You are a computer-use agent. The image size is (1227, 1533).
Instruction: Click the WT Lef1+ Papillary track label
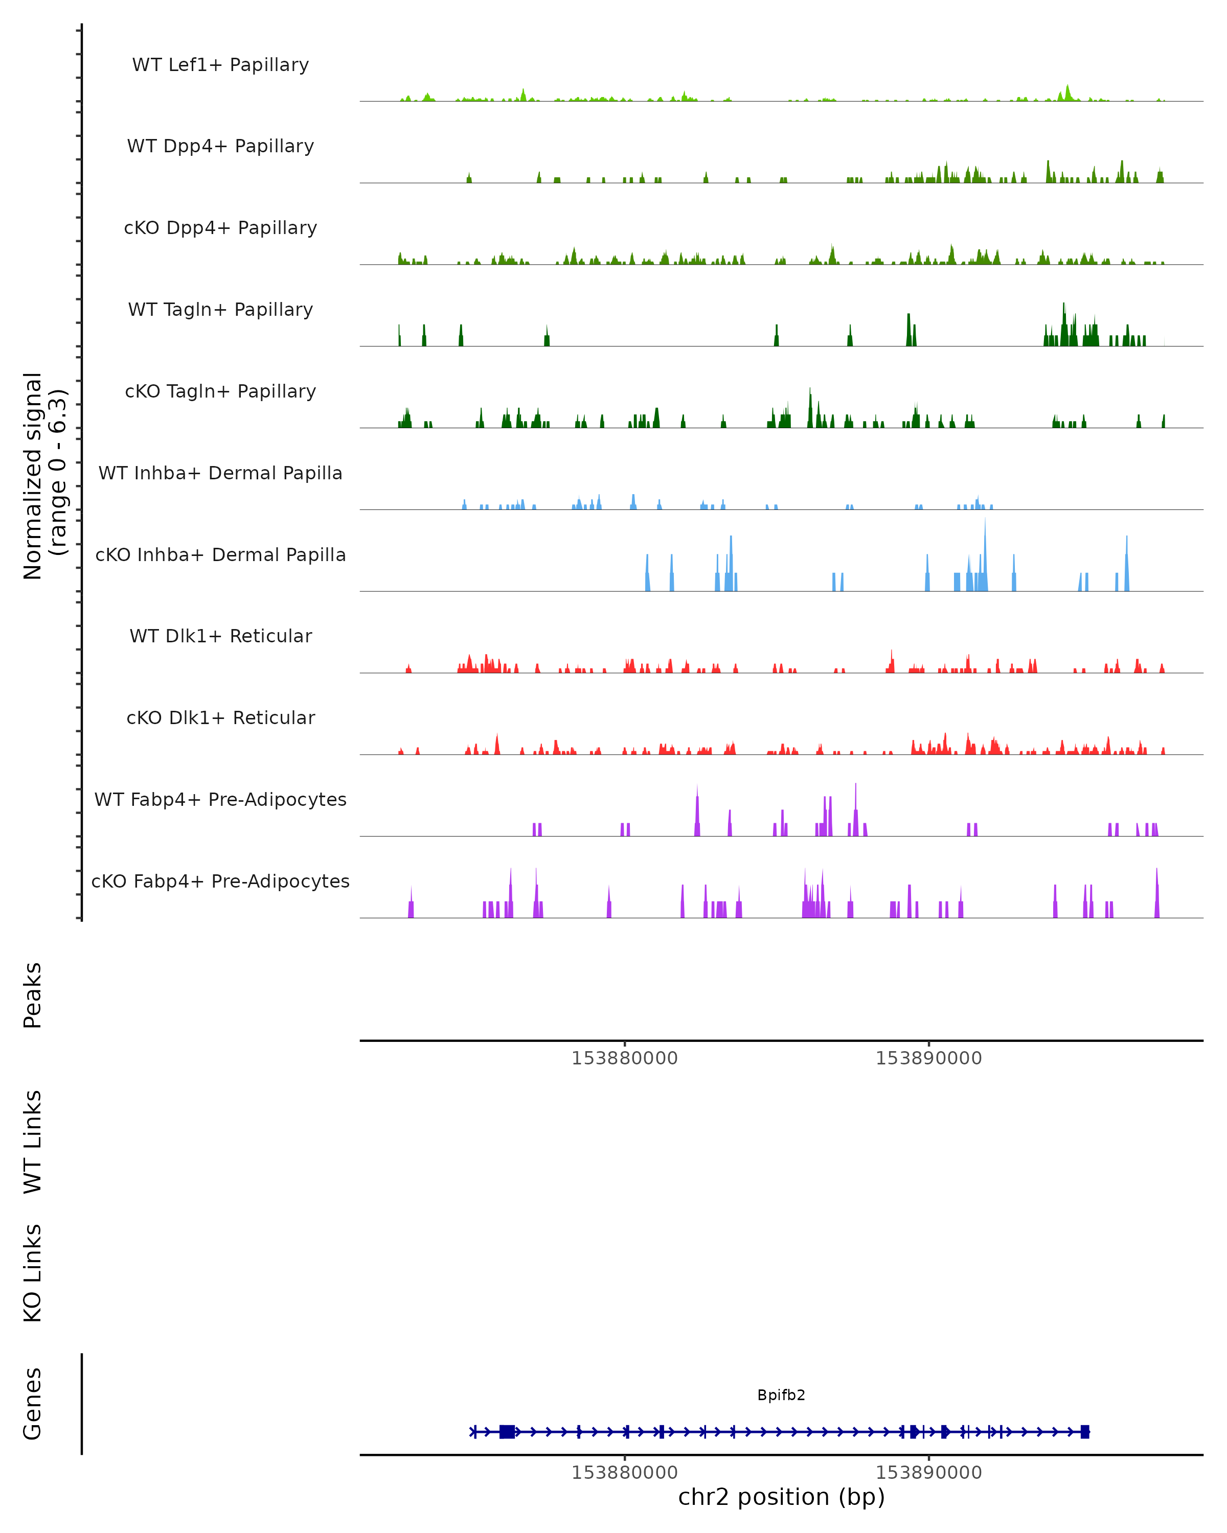point(220,65)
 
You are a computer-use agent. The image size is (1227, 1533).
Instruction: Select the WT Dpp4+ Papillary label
point(220,147)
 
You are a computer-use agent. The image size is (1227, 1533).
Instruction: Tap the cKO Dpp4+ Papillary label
point(220,228)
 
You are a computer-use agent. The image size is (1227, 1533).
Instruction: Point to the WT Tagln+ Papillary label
point(220,310)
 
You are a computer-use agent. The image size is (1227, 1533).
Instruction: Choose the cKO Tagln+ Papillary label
point(220,392)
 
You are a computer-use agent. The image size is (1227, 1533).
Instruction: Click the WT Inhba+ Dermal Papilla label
point(220,474)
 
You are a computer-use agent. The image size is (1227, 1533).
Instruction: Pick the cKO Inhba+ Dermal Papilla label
point(220,555)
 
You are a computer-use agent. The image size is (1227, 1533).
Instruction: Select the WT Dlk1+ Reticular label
point(220,636)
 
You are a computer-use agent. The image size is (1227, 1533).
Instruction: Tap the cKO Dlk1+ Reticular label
point(220,718)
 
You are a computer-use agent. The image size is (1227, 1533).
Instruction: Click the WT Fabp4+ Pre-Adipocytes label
point(220,800)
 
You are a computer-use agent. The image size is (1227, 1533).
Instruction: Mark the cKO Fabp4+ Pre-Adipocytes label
point(220,881)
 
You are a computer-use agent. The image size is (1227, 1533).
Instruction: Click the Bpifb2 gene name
point(781,1395)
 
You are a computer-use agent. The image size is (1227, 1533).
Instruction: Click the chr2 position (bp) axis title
point(781,1497)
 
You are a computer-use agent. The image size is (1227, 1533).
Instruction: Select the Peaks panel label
point(33,995)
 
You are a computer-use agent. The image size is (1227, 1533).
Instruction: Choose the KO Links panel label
point(33,1273)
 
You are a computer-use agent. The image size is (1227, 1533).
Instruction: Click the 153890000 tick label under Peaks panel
point(928,1059)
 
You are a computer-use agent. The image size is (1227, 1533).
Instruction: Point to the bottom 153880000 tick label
point(625,1473)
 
